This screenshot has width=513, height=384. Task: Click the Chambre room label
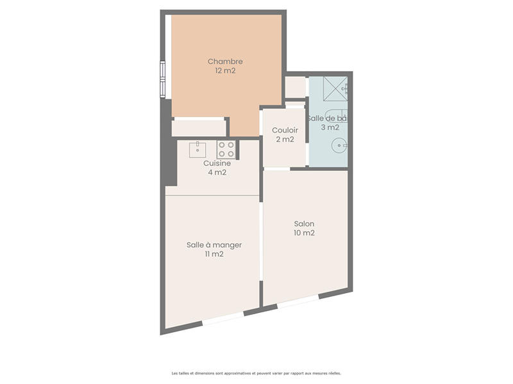coord(225,61)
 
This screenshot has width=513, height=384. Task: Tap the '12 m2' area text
coord(225,71)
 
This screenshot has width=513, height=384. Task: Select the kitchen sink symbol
coord(198,150)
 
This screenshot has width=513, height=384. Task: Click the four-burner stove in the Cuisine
coord(226,150)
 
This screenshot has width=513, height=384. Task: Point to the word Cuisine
coord(217,163)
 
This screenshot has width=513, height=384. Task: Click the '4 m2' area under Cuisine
coord(217,172)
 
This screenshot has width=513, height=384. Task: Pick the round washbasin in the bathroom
coord(338,147)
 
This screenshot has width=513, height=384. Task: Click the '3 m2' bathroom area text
coord(330,127)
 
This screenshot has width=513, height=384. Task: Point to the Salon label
coord(304,224)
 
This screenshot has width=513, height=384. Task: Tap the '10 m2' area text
coord(304,233)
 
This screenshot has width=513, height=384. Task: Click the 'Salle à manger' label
coord(214,244)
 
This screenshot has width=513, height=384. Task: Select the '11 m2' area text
coord(214,254)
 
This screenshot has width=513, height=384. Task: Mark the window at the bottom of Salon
coord(298,303)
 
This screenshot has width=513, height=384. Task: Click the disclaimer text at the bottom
coord(256,372)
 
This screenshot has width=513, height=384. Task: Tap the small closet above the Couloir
coord(295,86)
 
